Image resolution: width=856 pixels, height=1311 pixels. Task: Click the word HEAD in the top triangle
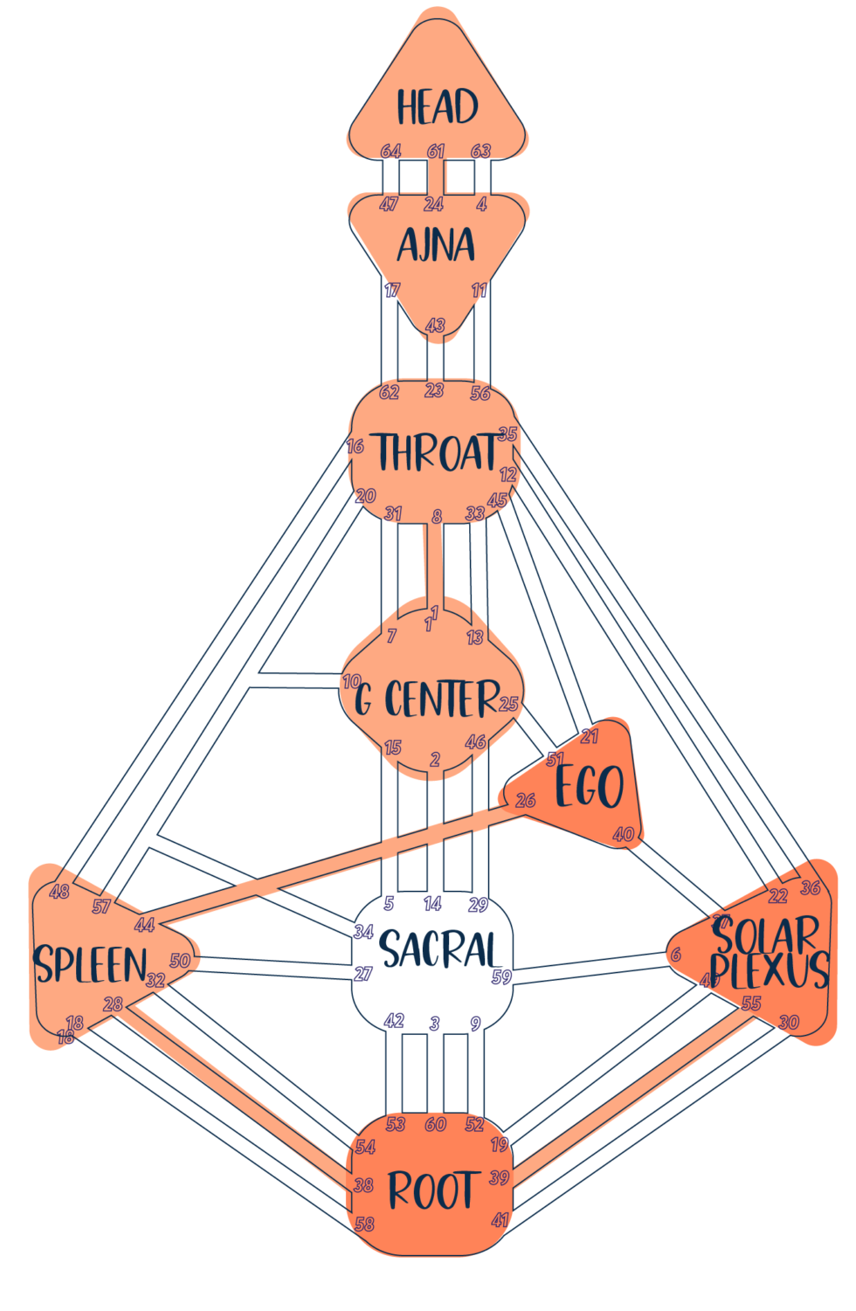438,107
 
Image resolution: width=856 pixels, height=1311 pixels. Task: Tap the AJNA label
436,245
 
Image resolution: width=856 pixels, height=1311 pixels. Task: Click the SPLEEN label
90,964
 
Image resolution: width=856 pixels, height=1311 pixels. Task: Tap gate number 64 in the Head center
390,151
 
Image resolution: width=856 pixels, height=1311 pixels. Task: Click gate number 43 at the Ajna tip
436,326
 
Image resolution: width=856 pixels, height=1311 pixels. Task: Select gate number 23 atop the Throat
434,390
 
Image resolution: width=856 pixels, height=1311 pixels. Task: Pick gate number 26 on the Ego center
525,800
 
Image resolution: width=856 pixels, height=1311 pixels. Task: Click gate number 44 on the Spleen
144,924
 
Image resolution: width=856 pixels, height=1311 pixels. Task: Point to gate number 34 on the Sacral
363,931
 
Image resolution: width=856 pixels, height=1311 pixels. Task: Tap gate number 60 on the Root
435,1124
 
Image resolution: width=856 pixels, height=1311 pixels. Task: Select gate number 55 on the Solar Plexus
751,1003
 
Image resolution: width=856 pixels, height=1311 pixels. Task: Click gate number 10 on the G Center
351,680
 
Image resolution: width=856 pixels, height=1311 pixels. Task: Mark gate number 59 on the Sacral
501,976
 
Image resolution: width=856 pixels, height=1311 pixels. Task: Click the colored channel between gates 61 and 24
436,177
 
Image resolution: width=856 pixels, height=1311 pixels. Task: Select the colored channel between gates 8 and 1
433,563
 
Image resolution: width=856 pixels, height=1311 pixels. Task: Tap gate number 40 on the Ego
623,834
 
